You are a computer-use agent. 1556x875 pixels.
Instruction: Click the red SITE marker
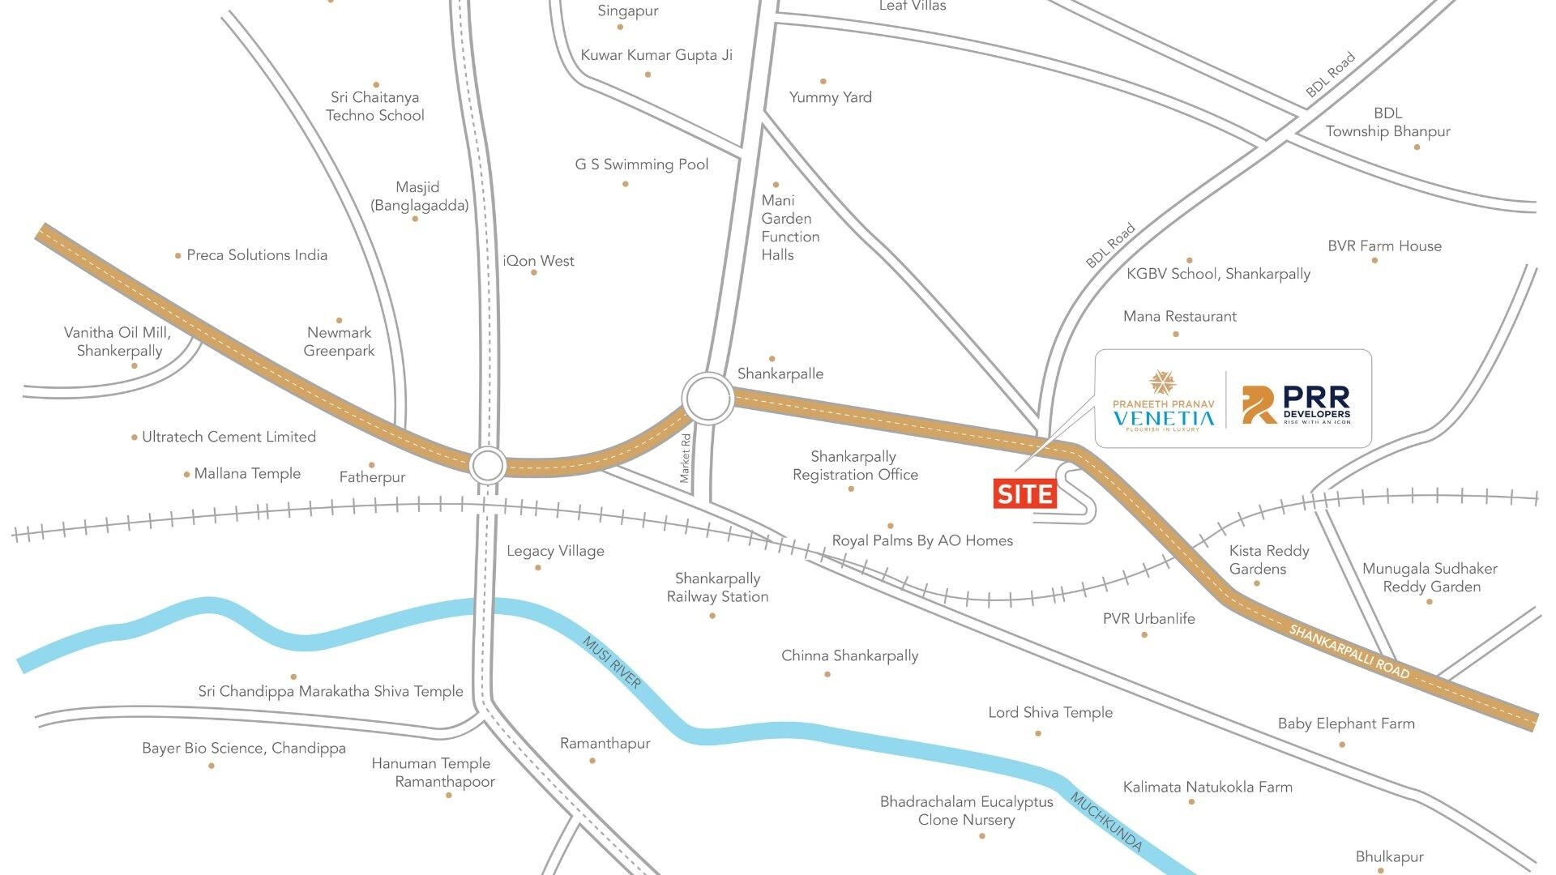tap(1025, 494)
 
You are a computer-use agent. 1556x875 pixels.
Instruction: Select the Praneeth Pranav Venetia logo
tap(1163, 401)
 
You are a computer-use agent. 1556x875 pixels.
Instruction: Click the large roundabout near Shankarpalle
tap(708, 398)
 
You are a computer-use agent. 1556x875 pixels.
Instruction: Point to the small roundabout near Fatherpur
tap(488, 466)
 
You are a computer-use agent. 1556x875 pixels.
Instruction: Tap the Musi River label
tap(612, 663)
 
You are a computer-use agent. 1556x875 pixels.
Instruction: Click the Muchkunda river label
tap(1106, 822)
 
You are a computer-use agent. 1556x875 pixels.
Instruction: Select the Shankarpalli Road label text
tap(1349, 652)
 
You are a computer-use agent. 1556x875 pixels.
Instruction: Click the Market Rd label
tap(686, 459)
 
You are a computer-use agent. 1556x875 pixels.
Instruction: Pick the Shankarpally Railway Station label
tap(717, 587)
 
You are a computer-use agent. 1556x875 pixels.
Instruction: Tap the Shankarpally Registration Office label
tap(855, 466)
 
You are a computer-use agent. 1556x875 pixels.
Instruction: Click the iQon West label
tap(539, 261)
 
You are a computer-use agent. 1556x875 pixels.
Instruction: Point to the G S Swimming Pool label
tap(642, 164)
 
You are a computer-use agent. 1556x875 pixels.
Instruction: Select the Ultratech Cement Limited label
tap(229, 437)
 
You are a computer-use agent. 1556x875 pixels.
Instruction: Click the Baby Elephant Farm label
tap(1346, 723)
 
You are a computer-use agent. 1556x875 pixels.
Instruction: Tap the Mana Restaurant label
tap(1179, 317)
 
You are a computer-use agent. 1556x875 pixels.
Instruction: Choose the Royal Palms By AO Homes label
tap(922, 540)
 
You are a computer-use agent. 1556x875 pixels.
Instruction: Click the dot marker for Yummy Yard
tap(823, 82)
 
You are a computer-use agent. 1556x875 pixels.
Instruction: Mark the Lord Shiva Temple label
tap(1050, 713)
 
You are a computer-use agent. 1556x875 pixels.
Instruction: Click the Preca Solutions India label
tap(257, 255)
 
